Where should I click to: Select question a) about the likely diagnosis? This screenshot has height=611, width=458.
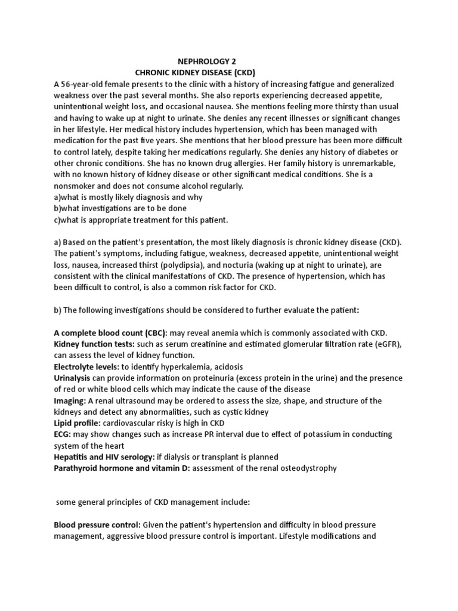[128, 198]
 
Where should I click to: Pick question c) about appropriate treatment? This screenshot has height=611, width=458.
[141, 220]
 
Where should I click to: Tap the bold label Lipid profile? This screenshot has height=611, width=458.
[79, 424]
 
